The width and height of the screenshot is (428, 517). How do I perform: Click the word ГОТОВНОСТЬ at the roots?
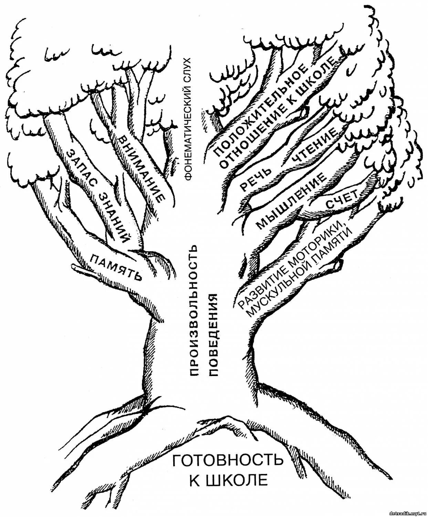(x=227, y=460)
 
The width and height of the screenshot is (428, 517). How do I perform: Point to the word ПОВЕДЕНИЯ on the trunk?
(x=215, y=334)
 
